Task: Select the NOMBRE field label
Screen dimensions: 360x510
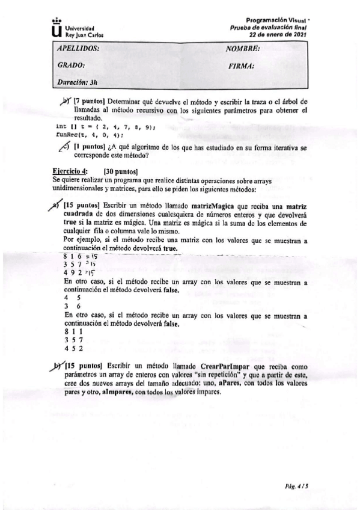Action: point(243,49)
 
